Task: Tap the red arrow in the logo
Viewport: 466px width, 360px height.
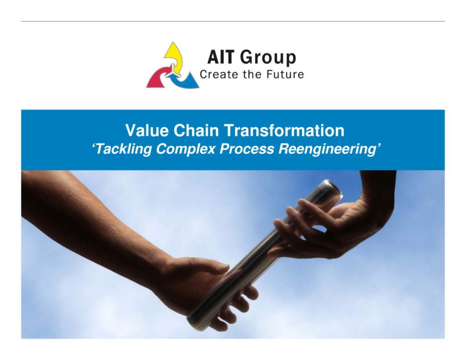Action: [159, 78]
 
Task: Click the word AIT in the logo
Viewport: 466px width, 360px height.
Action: [221, 57]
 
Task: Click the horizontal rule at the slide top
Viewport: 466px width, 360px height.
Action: [233, 21]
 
